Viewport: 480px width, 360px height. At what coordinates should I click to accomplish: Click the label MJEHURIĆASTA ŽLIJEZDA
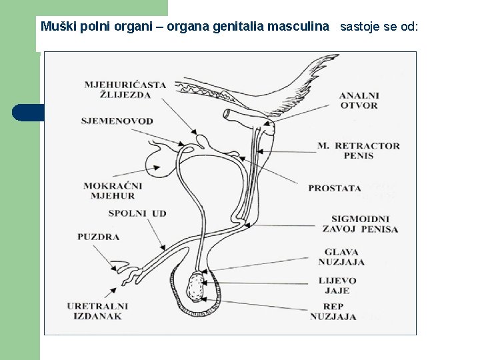click(x=125, y=89)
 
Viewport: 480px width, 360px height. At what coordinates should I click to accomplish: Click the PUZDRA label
click(x=98, y=237)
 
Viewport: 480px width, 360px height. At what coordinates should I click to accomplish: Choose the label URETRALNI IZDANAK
click(x=98, y=311)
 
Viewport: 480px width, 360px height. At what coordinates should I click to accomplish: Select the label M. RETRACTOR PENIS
click(x=367, y=151)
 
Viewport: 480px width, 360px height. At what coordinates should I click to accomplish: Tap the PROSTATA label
click(x=335, y=189)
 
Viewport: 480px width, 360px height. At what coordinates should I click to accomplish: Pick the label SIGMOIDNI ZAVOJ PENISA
click(x=364, y=224)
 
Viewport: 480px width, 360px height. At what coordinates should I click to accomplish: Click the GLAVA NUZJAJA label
click(x=341, y=257)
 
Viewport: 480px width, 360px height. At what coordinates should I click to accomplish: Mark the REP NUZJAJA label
click(x=333, y=311)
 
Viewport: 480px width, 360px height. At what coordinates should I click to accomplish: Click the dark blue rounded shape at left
click(x=27, y=113)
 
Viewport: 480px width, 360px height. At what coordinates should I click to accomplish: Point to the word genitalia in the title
click(x=239, y=27)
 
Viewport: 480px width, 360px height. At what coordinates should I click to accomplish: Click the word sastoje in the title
click(x=360, y=27)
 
